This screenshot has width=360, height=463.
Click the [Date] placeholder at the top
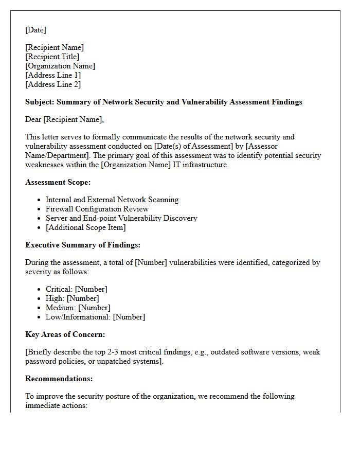click(35, 30)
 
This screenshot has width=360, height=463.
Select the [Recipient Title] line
click(52, 57)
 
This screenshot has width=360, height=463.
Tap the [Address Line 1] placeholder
click(53, 75)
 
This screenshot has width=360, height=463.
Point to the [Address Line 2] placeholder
click(53, 84)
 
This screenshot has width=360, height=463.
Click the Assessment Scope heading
click(58, 182)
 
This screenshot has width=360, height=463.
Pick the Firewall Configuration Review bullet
click(97, 209)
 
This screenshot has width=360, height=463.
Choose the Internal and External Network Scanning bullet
click(112, 200)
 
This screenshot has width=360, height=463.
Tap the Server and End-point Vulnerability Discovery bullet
click(121, 218)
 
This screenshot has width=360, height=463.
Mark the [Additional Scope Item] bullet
click(85, 227)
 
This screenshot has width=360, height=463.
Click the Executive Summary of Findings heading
click(82, 245)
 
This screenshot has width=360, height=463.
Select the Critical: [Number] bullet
click(76, 289)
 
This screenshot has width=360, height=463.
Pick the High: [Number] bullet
click(72, 298)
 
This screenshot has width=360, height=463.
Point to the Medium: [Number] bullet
click(78, 308)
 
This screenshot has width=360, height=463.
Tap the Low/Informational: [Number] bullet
click(95, 317)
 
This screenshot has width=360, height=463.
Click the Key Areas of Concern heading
click(65, 334)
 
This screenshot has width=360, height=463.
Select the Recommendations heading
click(59, 379)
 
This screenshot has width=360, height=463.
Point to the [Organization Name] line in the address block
click(60, 66)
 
